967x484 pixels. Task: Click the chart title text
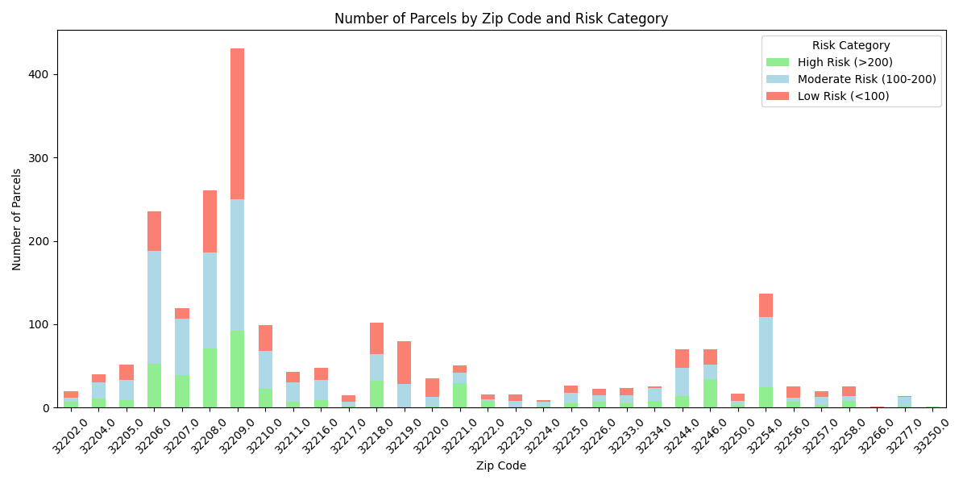[500, 19]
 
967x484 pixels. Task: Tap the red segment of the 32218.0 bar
[376, 338]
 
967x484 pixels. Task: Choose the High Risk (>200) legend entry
[845, 62]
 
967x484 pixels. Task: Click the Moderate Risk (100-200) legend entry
[866, 79]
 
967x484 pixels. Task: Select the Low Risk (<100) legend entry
[843, 96]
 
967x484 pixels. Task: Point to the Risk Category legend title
[851, 46]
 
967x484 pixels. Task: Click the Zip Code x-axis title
[500, 466]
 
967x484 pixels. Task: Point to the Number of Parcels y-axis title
[17, 219]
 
